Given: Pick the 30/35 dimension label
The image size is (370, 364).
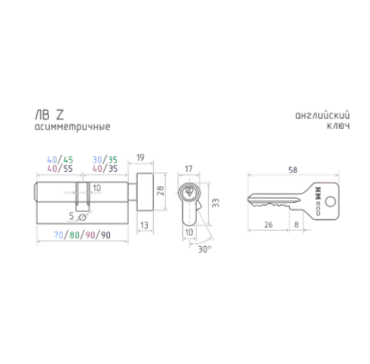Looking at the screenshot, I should (x=104, y=160).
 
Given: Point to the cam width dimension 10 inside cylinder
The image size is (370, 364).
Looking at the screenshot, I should (x=96, y=187).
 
